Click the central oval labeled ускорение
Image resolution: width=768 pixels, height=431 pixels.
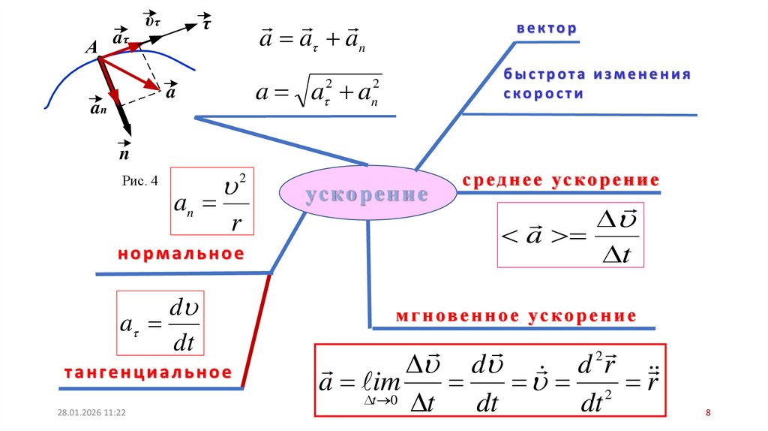(x=367, y=194)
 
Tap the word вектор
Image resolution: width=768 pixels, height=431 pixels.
(x=546, y=29)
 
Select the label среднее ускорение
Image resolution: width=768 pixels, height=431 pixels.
(x=561, y=180)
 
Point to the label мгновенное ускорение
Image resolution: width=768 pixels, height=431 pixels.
(x=515, y=316)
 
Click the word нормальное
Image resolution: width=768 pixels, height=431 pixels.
(x=181, y=254)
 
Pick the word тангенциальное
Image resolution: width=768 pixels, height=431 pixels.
(x=147, y=373)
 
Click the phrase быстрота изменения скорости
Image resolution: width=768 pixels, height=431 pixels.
(x=596, y=84)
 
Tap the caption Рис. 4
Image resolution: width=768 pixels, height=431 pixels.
(x=139, y=180)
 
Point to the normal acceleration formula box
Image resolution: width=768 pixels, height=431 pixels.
(x=212, y=201)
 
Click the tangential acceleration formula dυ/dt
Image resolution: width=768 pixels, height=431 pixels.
(x=160, y=324)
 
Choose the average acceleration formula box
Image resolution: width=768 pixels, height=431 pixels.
(x=571, y=235)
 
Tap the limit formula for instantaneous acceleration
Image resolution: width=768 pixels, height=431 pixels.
(x=490, y=380)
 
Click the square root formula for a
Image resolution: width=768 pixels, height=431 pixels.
(x=319, y=93)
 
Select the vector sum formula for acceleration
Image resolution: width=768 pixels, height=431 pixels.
(x=312, y=38)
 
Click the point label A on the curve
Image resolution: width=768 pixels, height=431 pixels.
(x=91, y=47)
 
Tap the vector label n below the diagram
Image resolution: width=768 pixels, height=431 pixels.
(x=124, y=154)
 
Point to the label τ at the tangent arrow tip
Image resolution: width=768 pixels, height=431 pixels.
(x=205, y=23)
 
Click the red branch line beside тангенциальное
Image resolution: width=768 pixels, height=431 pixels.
(x=256, y=330)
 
